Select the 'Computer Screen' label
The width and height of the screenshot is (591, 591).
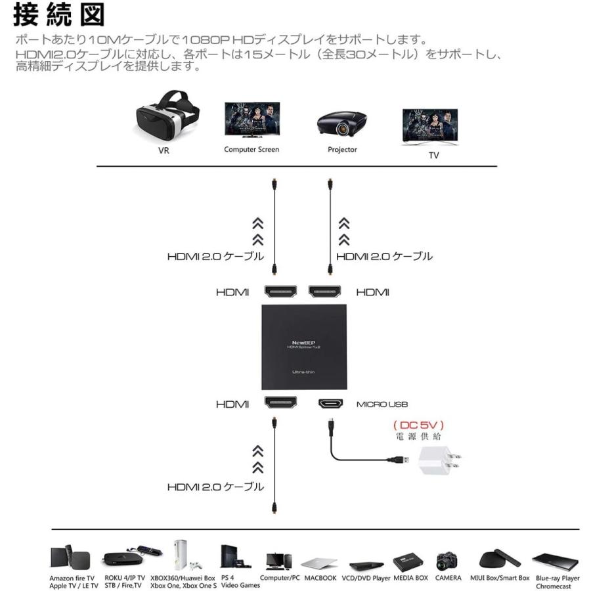point(252,150)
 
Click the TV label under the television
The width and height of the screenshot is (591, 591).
point(433,156)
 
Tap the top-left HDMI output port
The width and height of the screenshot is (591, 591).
point(282,292)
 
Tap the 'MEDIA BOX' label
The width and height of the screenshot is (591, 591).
point(410,578)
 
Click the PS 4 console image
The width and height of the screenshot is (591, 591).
point(230,558)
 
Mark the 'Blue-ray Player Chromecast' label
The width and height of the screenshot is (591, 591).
point(558,582)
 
